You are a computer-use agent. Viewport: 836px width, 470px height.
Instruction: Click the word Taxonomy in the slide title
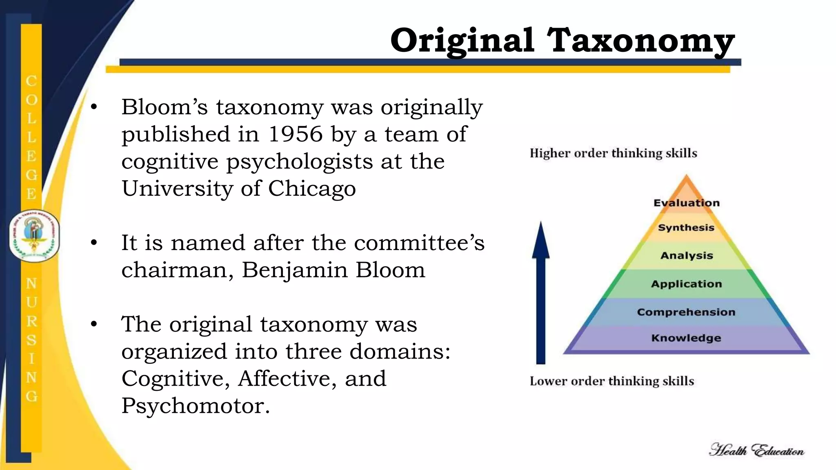click(x=640, y=41)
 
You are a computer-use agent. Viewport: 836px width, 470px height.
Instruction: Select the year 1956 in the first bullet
click(x=295, y=134)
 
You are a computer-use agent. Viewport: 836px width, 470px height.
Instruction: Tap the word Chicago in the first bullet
click(x=312, y=188)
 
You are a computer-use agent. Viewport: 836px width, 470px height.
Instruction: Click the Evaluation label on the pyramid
click(x=687, y=203)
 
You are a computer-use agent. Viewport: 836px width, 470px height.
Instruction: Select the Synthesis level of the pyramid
click(x=686, y=228)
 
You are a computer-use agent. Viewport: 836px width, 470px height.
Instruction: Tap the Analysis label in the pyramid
click(x=687, y=255)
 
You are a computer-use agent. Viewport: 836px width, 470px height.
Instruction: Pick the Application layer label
click(x=687, y=284)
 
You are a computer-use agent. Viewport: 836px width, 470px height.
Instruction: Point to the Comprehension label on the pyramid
click(x=686, y=312)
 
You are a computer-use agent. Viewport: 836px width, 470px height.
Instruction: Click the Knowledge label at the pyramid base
click(x=686, y=338)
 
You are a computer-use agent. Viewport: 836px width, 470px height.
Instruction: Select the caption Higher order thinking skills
click(x=613, y=153)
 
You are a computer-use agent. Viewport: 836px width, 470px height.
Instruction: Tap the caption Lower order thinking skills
click(x=611, y=381)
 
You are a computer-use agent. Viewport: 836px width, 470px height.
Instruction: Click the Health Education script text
click(x=756, y=450)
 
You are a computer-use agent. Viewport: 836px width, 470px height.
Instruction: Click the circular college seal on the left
click(x=34, y=236)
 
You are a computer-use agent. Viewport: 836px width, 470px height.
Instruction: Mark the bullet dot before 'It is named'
click(x=94, y=243)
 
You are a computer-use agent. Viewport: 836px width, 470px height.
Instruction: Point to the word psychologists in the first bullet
click(x=299, y=162)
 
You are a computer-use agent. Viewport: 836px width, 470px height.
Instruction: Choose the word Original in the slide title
click(x=462, y=41)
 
